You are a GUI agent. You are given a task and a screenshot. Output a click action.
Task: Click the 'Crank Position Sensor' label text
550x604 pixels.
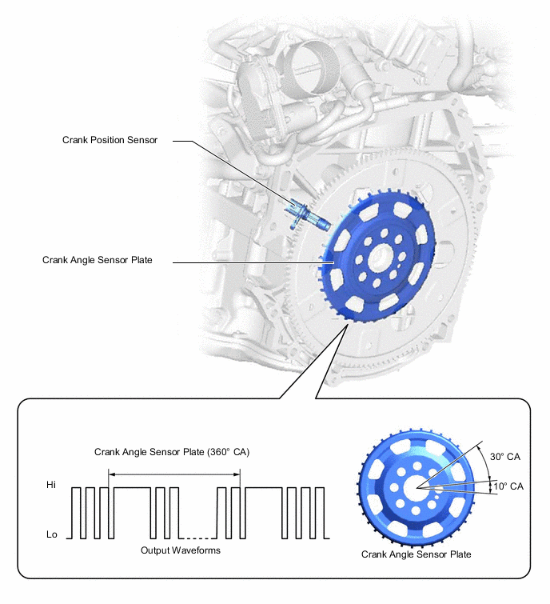(110, 139)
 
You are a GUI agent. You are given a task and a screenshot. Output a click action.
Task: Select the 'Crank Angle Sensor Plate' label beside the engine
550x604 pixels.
(97, 260)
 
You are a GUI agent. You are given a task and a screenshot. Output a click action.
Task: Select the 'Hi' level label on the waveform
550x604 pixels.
(53, 485)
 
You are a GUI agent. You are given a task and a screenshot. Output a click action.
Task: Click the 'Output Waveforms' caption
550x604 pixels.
(180, 550)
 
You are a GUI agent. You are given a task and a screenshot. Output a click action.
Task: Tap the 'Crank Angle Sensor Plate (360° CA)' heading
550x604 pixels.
(172, 452)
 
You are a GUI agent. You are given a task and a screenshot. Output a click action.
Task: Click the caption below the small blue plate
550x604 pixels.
(416, 554)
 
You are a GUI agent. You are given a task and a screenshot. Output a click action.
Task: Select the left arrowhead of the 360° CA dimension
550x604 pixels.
(111, 474)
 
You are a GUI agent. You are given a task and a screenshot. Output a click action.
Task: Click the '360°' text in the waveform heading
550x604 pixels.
(217, 452)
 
